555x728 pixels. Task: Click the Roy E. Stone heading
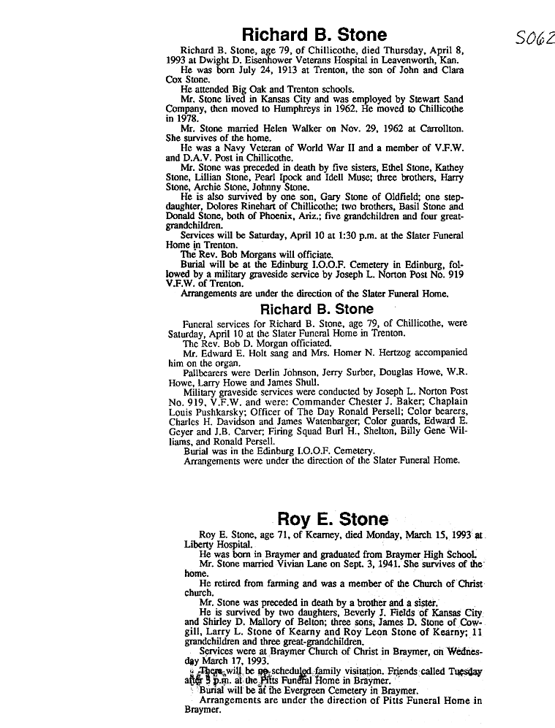click(333, 519)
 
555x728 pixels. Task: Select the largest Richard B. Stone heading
click(314, 35)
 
